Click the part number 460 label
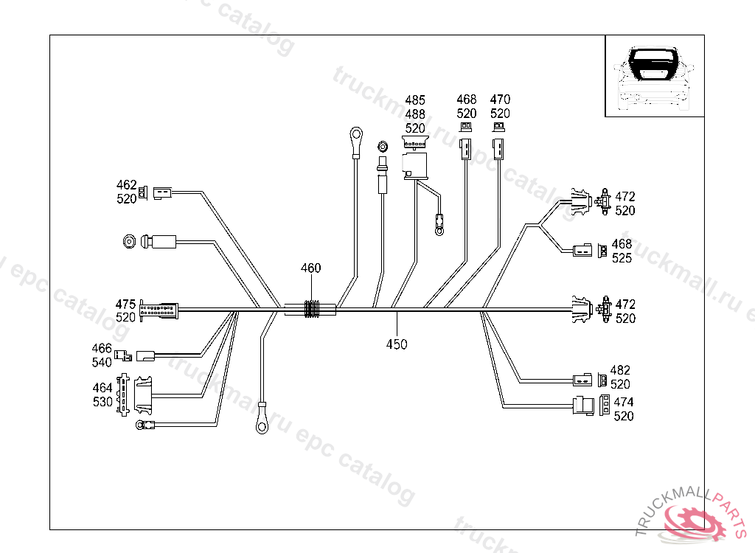tap(310, 268)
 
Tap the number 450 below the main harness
tap(397, 344)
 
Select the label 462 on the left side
tap(126, 184)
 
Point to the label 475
tap(126, 304)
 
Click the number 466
tap(102, 348)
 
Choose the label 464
tap(102, 388)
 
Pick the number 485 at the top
tap(415, 100)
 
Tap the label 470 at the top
tap(500, 100)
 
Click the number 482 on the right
tap(621, 370)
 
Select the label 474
tap(624, 403)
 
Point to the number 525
tap(622, 259)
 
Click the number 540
tap(102, 362)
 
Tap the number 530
tap(102, 402)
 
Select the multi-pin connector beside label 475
tap(158, 311)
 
